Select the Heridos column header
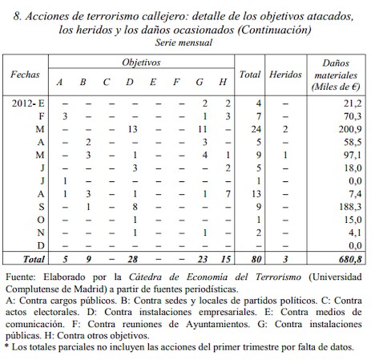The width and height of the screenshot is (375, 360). pos(285,74)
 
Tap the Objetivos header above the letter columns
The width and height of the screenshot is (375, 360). pos(141,62)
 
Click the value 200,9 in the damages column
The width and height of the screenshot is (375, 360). pos(348,128)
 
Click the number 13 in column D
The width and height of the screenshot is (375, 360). pos(135,128)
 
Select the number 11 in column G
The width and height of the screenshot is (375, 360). pos(204,128)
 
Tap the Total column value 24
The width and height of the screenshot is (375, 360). pos(257,128)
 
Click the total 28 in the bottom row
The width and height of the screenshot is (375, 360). pos(134,258)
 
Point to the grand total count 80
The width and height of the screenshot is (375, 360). pos(256,258)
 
